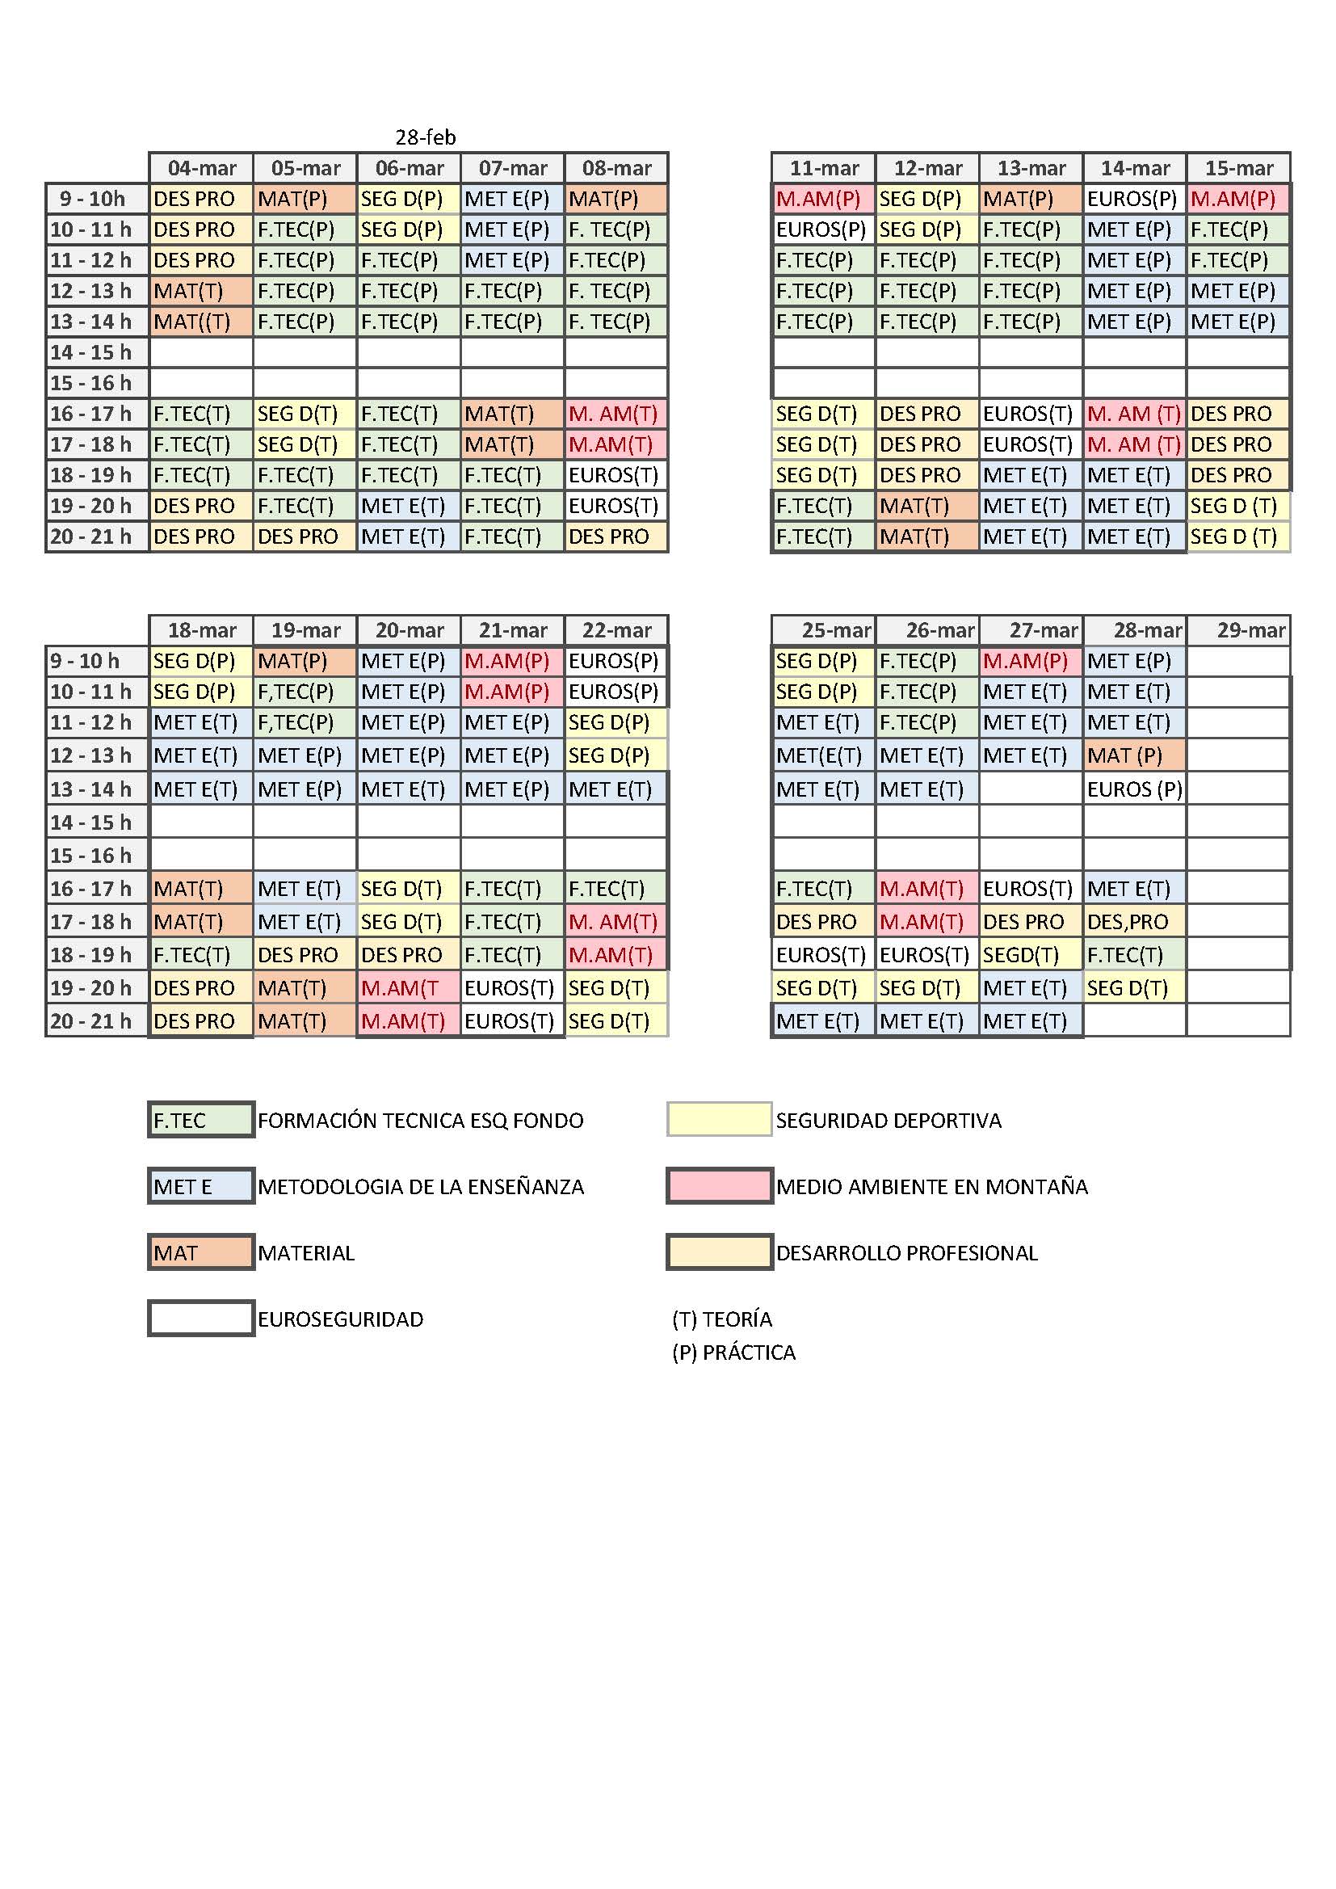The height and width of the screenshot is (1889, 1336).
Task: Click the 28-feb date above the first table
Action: (426, 137)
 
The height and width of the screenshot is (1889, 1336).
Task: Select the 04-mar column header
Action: (202, 168)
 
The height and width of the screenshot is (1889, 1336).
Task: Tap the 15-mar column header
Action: (1238, 168)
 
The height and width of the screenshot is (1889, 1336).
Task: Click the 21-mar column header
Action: (513, 630)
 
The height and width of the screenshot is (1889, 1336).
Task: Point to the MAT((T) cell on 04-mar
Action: (201, 322)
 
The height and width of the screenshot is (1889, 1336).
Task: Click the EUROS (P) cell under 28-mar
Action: (1134, 789)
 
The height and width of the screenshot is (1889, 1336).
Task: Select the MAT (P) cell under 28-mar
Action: (1134, 755)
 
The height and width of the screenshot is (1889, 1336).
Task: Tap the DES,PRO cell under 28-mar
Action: (1134, 921)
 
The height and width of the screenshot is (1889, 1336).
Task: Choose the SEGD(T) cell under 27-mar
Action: (1031, 954)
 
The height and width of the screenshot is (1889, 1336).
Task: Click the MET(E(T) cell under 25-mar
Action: (823, 755)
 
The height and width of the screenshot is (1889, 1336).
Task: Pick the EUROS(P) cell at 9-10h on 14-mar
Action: (1134, 199)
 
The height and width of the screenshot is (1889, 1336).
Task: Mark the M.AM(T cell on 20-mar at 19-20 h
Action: (408, 987)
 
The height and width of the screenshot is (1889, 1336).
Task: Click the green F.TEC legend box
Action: (201, 1120)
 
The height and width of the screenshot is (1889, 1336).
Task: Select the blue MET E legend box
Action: (201, 1186)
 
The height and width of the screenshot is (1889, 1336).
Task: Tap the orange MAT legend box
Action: (201, 1252)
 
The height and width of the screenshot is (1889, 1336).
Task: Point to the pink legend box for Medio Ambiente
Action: (719, 1186)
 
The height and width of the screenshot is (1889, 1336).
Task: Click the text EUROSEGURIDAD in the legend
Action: (340, 1319)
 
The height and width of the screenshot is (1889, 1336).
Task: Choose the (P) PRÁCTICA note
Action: (733, 1353)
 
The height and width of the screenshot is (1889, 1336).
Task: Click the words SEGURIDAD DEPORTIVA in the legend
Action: (889, 1120)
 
